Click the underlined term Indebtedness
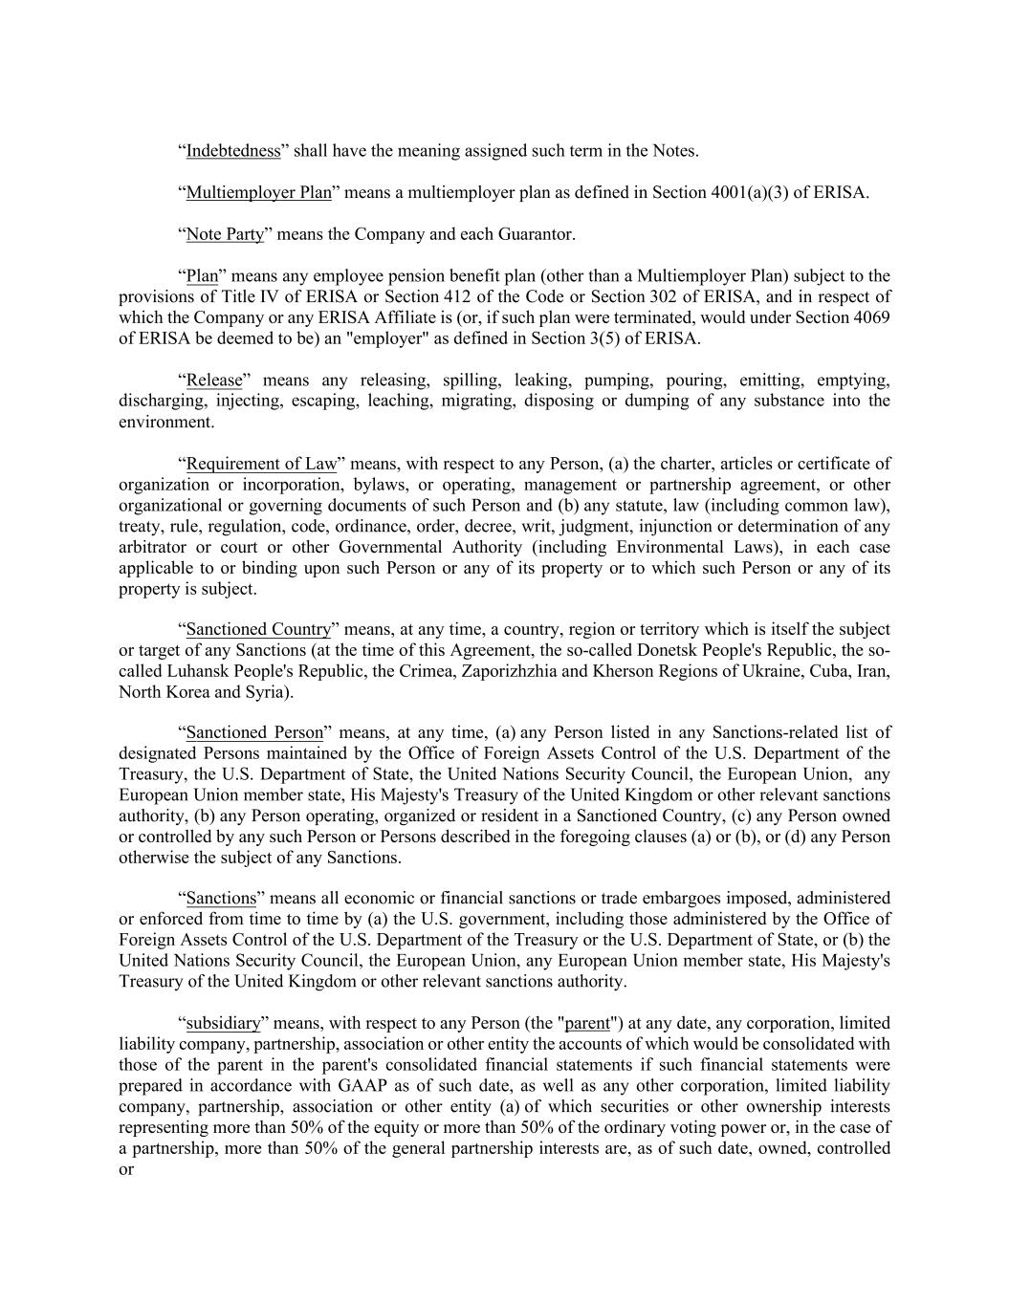point(233,151)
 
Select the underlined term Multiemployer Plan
point(258,193)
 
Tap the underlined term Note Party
point(225,234)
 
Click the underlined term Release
point(214,381)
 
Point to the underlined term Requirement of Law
point(261,464)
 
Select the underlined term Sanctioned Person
point(254,732)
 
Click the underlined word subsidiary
point(223,1023)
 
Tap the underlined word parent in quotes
point(587,1023)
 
